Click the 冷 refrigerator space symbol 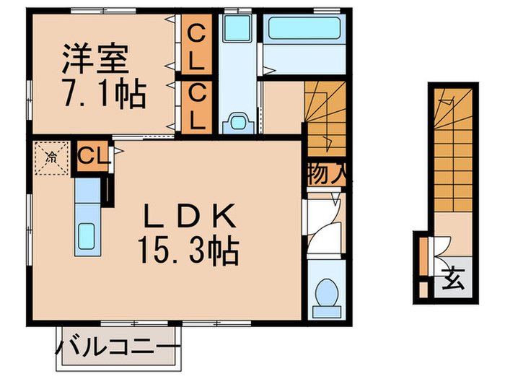coord(50,157)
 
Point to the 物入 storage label coord(324,173)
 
